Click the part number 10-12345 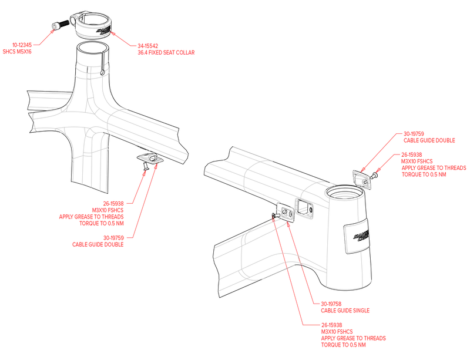pyautogui.click(x=22, y=45)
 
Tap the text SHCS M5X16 pyautogui.click(x=17, y=52)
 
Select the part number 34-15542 pyautogui.click(x=148, y=46)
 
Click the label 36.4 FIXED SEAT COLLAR pyautogui.click(x=166, y=52)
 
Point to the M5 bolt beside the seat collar pyautogui.click(x=61, y=25)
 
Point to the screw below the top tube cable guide pyautogui.click(x=146, y=166)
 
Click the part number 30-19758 pyautogui.click(x=331, y=304)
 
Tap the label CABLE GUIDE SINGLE pyautogui.click(x=345, y=311)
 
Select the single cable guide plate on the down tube pyautogui.click(x=286, y=212)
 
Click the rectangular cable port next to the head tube pyautogui.click(x=304, y=207)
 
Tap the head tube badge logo pyautogui.click(x=361, y=235)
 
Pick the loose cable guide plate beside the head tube pyautogui.click(x=361, y=180)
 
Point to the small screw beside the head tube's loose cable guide pyautogui.click(x=375, y=176)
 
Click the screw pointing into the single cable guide pyautogui.click(x=276, y=215)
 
